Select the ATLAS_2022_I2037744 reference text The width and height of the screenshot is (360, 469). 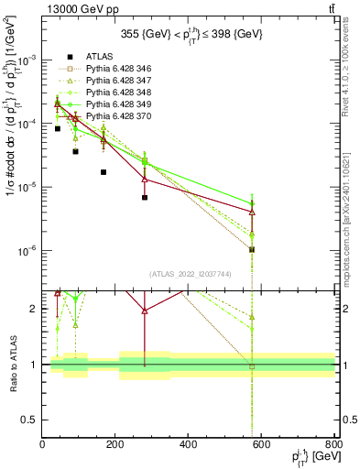tap(188, 273)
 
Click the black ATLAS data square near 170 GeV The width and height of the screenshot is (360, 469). tap(104, 172)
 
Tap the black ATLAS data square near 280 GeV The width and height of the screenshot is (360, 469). tap(145, 197)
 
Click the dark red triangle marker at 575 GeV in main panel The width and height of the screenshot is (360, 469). tap(252, 212)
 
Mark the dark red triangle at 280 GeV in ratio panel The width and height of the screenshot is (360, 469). tap(145, 311)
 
